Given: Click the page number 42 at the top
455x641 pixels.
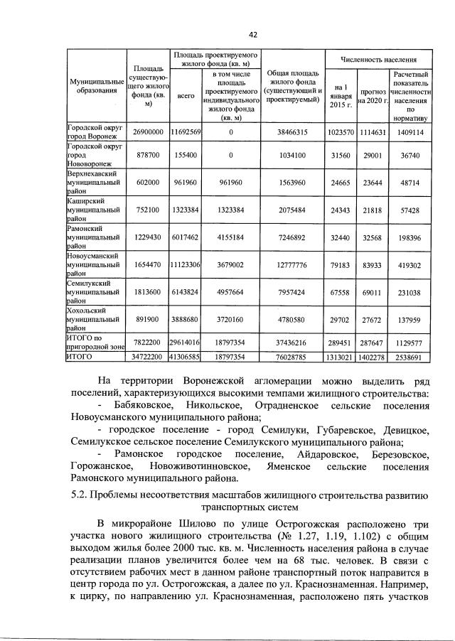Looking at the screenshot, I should [x=252, y=34].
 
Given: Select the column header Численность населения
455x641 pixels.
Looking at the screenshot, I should [x=378, y=60].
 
